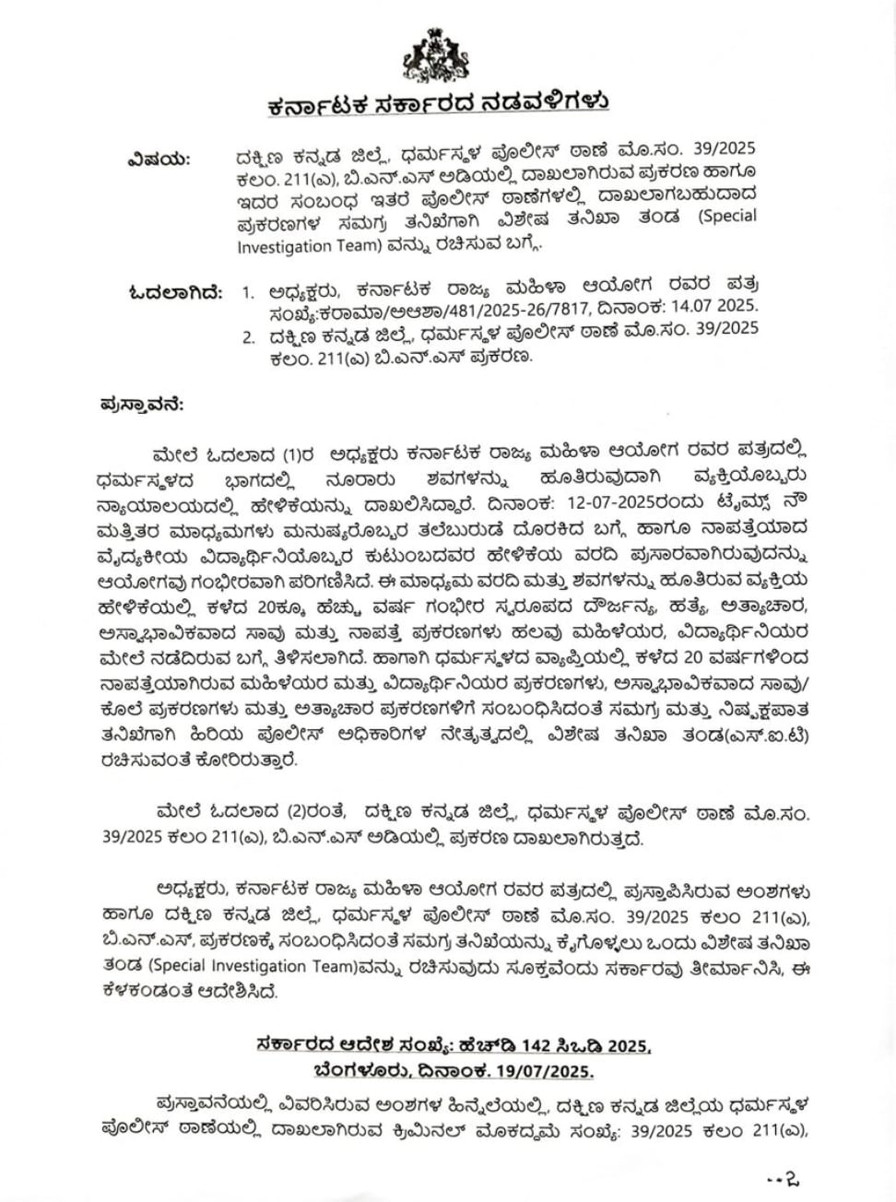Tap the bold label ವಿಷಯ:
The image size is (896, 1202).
(158, 158)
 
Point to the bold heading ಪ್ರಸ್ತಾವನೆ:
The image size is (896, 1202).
(141, 404)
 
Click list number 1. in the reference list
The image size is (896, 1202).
(247, 293)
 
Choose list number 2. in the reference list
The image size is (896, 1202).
(248, 336)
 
